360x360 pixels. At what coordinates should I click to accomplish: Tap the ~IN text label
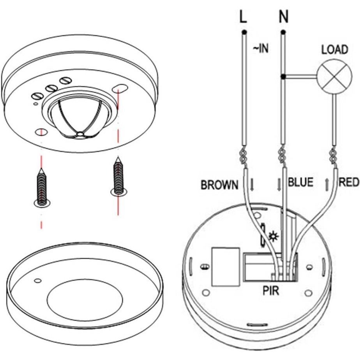(x=261, y=49)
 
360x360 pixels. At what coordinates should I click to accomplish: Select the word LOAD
(x=334, y=49)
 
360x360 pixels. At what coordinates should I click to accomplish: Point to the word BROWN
(x=219, y=185)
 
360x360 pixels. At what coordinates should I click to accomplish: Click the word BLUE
(x=300, y=182)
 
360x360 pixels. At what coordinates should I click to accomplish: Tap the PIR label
(x=271, y=291)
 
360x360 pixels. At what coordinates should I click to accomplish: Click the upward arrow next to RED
(x=326, y=184)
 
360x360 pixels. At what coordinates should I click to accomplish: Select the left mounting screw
(x=42, y=189)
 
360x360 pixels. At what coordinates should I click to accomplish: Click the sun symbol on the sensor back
(x=273, y=236)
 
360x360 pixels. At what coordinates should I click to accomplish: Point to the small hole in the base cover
(x=38, y=281)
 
